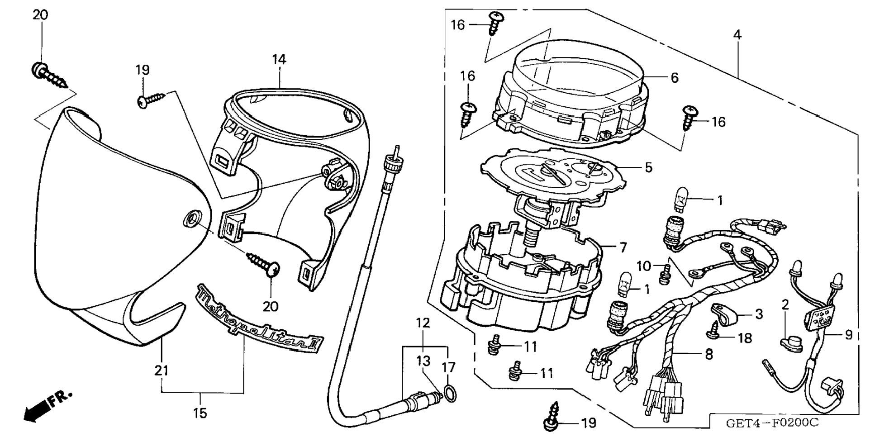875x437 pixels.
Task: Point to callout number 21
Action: pyautogui.click(x=161, y=370)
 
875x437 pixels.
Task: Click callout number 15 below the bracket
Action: pyautogui.click(x=200, y=413)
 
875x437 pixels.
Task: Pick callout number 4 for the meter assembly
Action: pyautogui.click(x=737, y=34)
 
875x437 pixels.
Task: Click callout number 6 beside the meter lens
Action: pyautogui.click(x=674, y=78)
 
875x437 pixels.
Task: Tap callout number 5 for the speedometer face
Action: pyautogui.click(x=648, y=167)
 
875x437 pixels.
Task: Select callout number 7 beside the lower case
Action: pyautogui.click(x=623, y=247)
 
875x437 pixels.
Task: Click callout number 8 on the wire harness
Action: pyautogui.click(x=708, y=354)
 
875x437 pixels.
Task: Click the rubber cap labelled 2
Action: pyautogui.click(x=791, y=344)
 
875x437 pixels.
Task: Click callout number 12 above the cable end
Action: pyautogui.click(x=423, y=323)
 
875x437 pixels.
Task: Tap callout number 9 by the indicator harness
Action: pyautogui.click(x=848, y=335)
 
